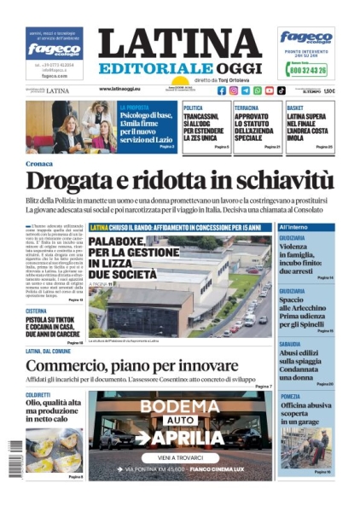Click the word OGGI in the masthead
point(234,67)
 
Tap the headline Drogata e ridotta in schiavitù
point(179,180)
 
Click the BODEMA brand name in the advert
point(178,406)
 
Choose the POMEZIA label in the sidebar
point(290,396)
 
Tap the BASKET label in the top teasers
point(295,108)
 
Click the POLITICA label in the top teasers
point(195,108)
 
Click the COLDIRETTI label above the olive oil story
point(38,395)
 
